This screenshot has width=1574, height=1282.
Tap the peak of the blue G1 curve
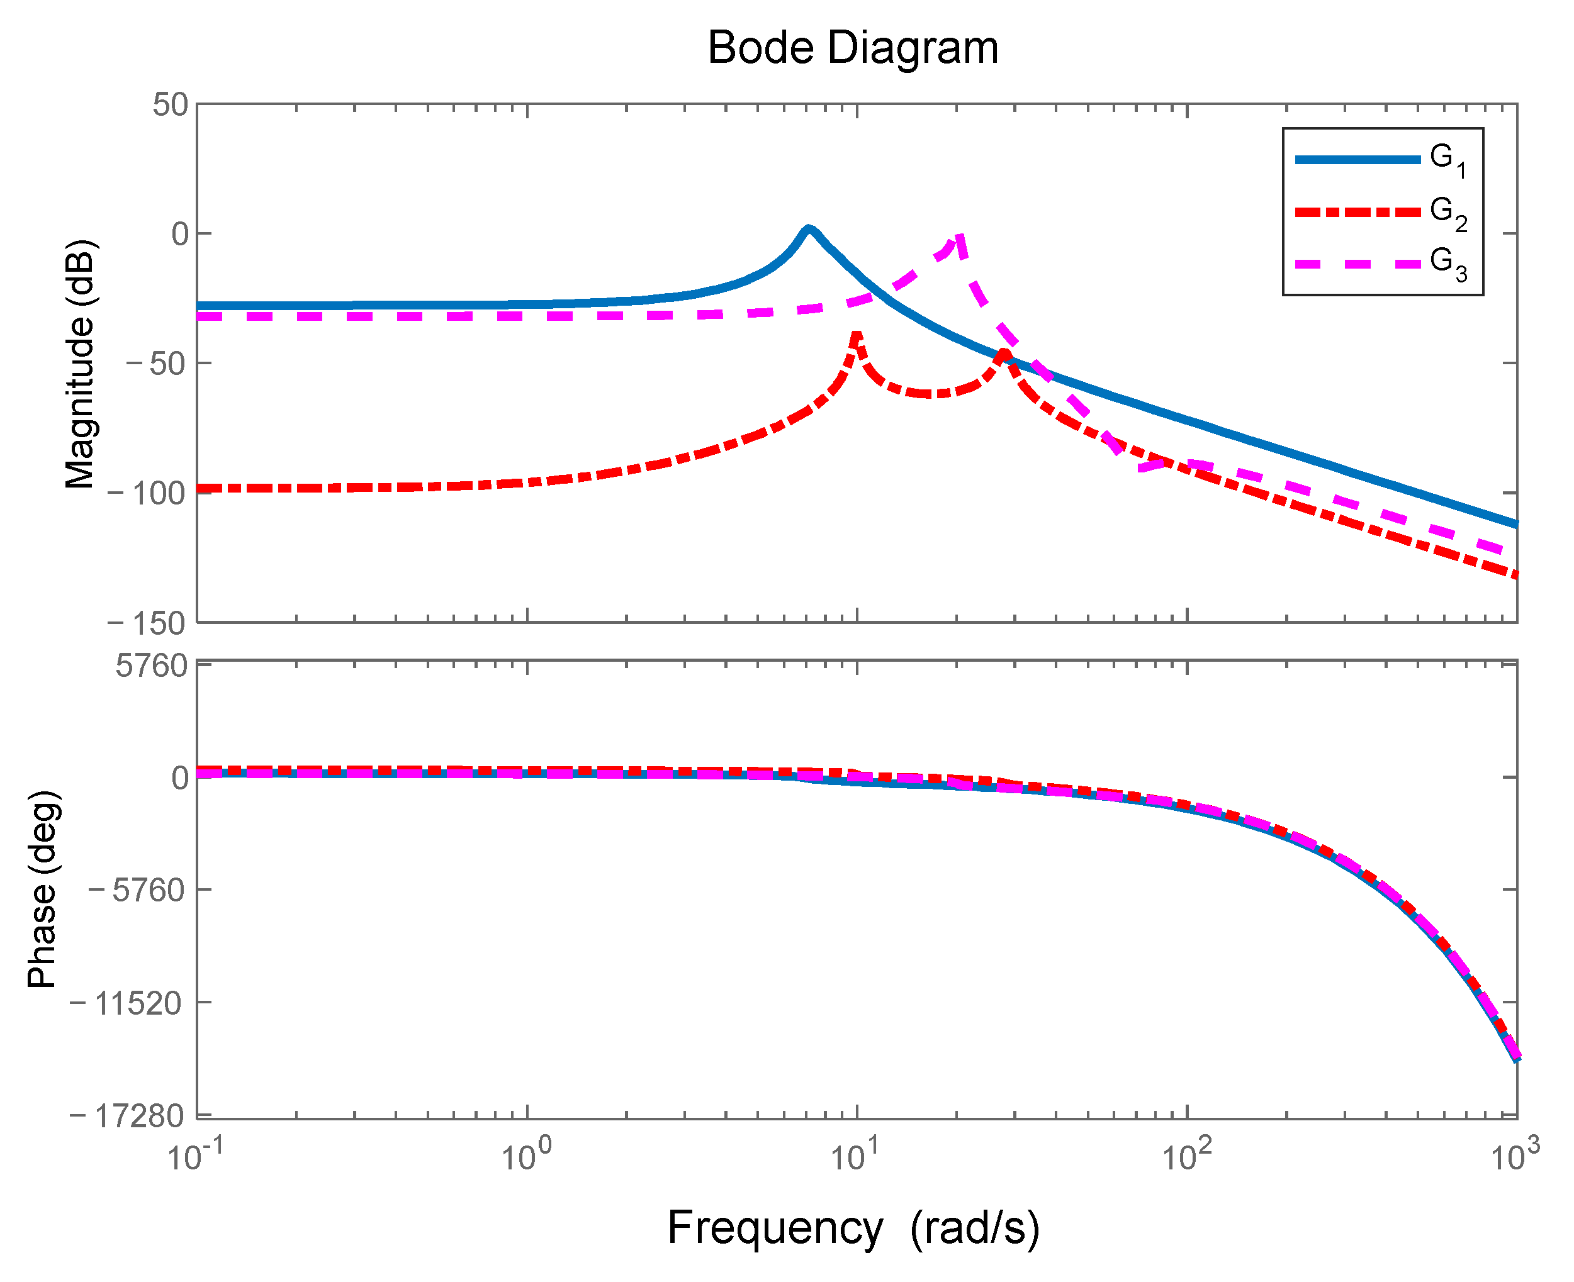coord(808,229)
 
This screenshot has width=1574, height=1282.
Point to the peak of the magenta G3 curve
coord(958,237)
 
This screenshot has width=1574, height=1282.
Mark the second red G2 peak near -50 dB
coord(1003,354)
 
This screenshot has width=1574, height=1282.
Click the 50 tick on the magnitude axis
coord(171,105)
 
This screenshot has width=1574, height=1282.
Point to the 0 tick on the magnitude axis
coord(180,234)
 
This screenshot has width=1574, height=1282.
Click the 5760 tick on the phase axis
coord(152,666)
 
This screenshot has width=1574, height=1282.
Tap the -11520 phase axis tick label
coord(126,1003)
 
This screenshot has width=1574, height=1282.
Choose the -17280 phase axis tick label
coord(126,1115)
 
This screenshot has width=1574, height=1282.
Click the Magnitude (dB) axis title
coord(80,364)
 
